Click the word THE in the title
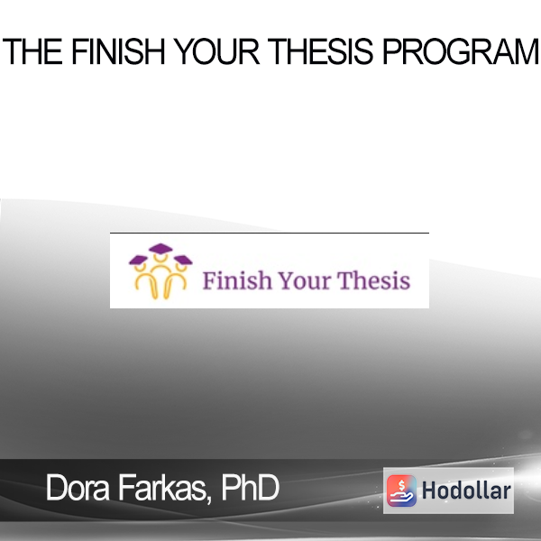coord(32,51)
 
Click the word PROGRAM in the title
coord(461,51)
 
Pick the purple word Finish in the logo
coord(237,280)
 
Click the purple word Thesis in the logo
coord(373,280)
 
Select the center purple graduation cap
coord(160,249)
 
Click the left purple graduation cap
coord(138,261)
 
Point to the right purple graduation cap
coord(183,261)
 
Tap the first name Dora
coord(78,487)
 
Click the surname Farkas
coord(162,487)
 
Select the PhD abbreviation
coord(250,487)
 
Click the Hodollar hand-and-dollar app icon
coord(401,491)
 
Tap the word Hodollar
coord(466,491)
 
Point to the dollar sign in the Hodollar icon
coord(401,485)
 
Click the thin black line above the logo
coord(270,233)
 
